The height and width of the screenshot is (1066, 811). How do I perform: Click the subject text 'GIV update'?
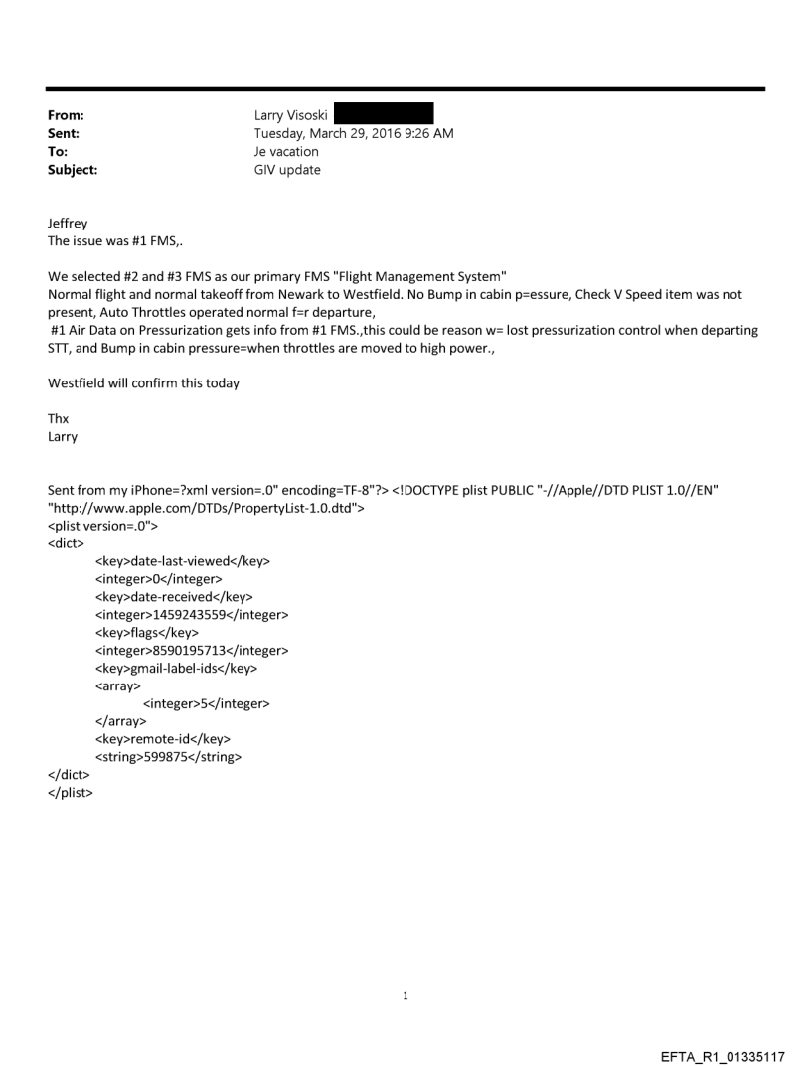(x=288, y=170)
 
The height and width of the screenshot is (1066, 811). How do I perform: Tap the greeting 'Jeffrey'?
(x=68, y=225)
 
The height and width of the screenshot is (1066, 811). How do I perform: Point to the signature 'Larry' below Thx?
(x=63, y=437)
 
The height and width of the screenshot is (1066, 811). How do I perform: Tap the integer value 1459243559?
(x=220, y=615)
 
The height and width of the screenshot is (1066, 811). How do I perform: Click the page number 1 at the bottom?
(x=405, y=995)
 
